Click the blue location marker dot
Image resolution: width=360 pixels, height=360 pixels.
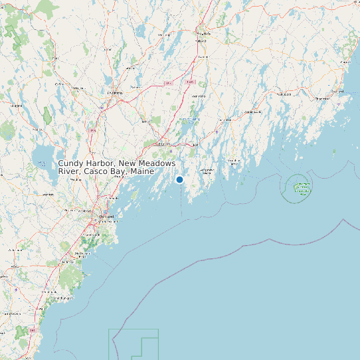click(x=179, y=179)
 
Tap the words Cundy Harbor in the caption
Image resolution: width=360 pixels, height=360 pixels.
click(x=84, y=163)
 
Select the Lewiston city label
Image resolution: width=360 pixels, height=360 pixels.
click(x=116, y=93)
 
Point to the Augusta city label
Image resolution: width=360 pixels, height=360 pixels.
click(x=203, y=33)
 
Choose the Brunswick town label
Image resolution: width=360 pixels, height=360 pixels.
click(x=163, y=143)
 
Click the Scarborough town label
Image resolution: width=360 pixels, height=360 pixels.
click(x=81, y=254)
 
